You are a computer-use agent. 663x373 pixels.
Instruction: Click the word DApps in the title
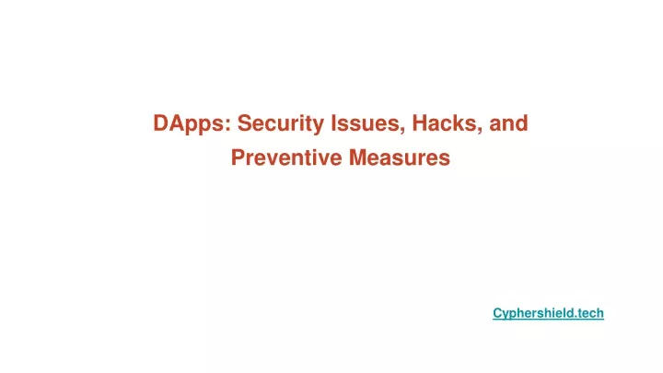pyautogui.click(x=192, y=124)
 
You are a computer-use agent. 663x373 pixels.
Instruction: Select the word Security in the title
pyautogui.click(x=280, y=124)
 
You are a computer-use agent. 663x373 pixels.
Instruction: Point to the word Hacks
pyautogui.click(x=447, y=123)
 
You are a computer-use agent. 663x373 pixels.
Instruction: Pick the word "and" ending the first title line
pyautogui.click(x=508, y=123)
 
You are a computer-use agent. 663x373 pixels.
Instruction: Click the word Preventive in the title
pyautogui.click(x=286, y=157)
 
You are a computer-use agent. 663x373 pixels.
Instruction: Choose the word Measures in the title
pyautogui.click(x=400, y=157)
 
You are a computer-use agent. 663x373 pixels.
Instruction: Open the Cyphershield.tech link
pyautogui.click(x=548, y=313)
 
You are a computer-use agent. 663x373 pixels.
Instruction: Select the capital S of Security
pyautogui.click(x=245, y=123)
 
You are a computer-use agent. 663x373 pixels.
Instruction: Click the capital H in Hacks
pyautogui.click(x=420, y=123)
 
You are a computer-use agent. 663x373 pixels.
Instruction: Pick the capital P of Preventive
pyautogui.click(x=238, y=157)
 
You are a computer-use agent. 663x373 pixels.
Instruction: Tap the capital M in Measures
pyautogui.click(x=358, y=157)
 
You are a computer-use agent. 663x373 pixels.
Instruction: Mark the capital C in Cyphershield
pyautogui.click(x=497, y=313)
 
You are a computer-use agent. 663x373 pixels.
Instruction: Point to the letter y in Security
pyautogui.click(x=318, y=126)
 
